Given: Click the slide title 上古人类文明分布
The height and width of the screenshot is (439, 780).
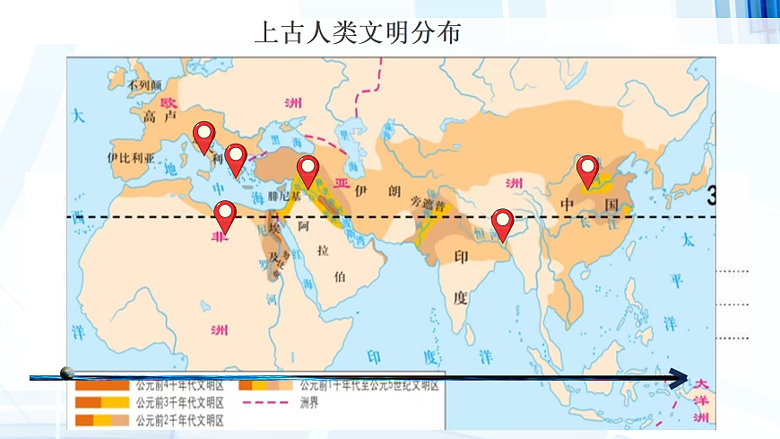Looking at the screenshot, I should (x=358, y=33).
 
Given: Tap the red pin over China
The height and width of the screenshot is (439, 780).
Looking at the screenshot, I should (x=588, y=170).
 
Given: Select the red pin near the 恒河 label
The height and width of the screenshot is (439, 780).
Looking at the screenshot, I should (x=503, y=223).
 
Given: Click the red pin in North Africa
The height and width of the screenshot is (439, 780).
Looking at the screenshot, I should (x=225, y=215).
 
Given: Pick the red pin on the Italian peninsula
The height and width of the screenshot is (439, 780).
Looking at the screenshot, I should (x=204, y=136).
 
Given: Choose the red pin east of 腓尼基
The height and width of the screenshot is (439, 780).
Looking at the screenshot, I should (x=308, y=169).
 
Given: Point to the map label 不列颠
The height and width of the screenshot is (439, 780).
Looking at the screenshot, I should (x=143, y=86).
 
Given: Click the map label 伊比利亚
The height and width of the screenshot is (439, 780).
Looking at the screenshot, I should (x=125, y=156).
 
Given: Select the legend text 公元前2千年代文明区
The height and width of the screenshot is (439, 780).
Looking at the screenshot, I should (x=179, y=419).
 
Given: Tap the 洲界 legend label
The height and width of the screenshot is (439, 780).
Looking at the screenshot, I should (x=308, y=402).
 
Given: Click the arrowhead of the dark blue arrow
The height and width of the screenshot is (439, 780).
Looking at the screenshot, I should (x=683, y=377).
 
